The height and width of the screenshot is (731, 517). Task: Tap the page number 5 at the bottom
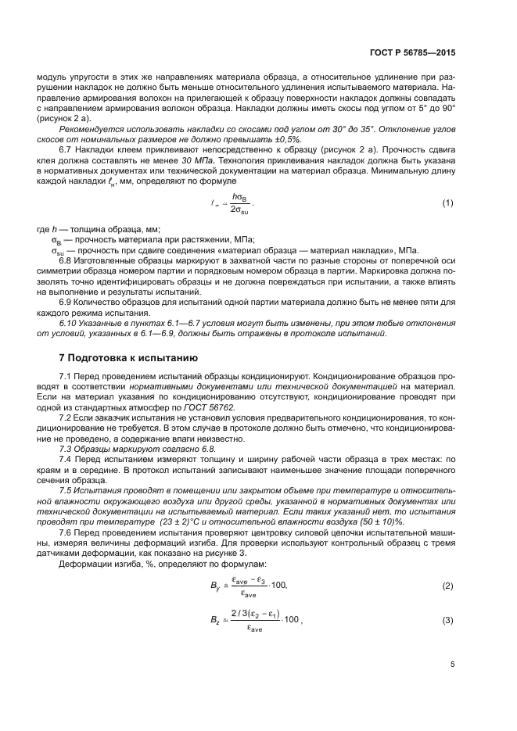pyautogui.click(x=452, y=665)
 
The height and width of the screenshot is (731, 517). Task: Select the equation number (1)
pyautogui.click(x=447, y=203)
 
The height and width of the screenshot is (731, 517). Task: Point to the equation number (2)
pyautogui.click(x=447, y=586)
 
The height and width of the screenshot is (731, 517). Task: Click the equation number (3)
pyautogui.click(x=447, y=620)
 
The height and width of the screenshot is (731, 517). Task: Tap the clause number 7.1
pyautogui.click(x=66, y=376)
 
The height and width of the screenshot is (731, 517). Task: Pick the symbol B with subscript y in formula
pyautogui.click(x=217, y=586)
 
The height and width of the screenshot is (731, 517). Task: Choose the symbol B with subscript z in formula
pyautogui.click(x=216, y=620)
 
